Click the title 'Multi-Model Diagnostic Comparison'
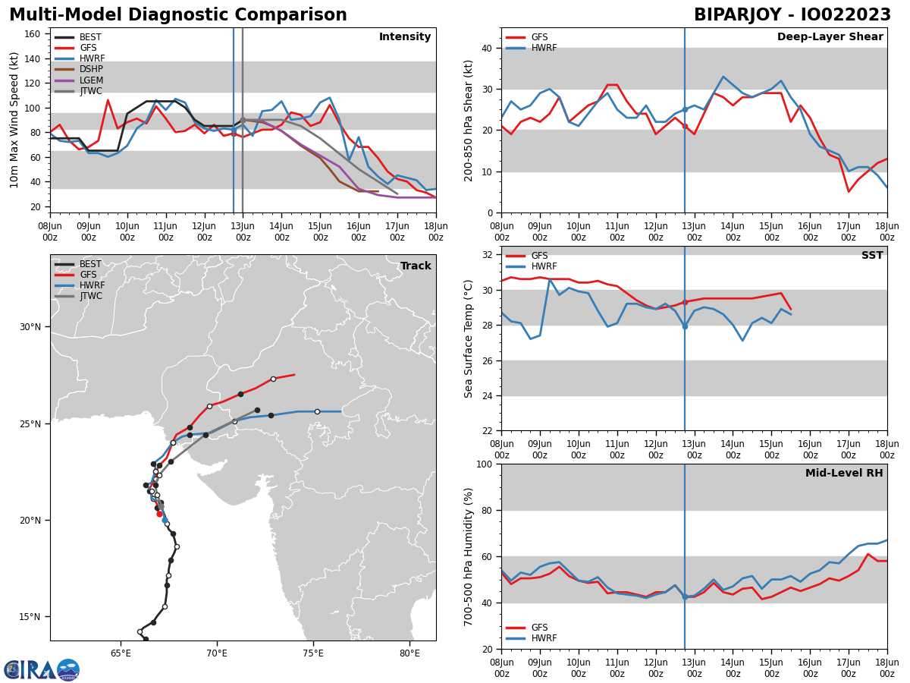coord(178,15)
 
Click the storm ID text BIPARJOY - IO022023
coord(792,15)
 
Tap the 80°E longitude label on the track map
coord(409,653)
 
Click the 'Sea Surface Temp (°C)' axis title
coord(469,338)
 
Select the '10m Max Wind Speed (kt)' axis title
coord(15,120)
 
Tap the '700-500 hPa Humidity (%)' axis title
coord(469,556)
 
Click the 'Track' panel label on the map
coord(416,266)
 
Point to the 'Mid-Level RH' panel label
coord(844,474)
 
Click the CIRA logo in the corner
coord(42,669)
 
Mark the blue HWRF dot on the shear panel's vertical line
coord(685,109)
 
